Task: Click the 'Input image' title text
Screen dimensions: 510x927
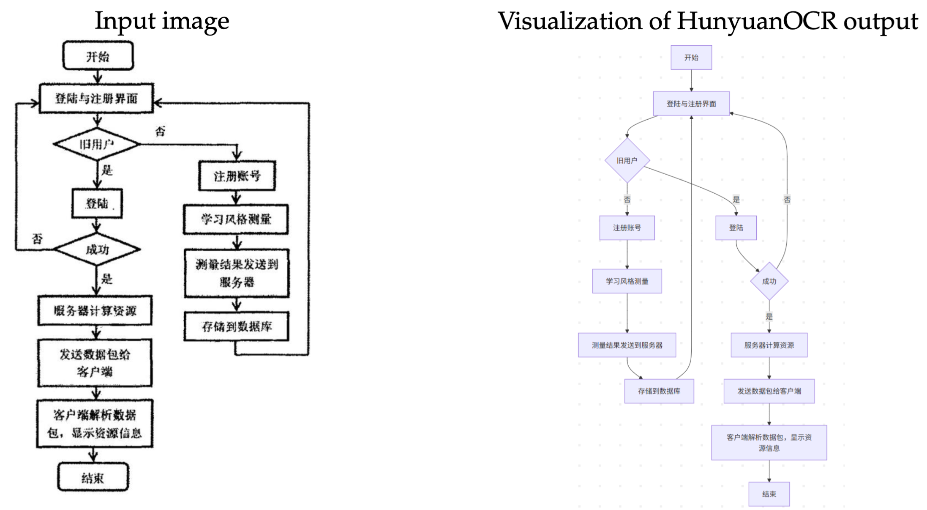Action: pyautogui.click(x=162, y=21)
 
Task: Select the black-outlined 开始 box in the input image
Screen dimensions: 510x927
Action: pyautogui.click(x=98, y=56)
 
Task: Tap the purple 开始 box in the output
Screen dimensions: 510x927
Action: pyautogui.click(x=691, y=58)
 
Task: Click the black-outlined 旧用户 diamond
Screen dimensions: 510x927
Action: pyautogui.click(x=97, y=144)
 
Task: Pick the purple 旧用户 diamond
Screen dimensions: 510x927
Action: pyautogui.click(x=627, y=161)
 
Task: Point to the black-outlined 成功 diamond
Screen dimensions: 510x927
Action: pyautogui.click(x=97, y=250)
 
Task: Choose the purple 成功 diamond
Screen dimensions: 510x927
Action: pyautogui.click(x=769, y=281)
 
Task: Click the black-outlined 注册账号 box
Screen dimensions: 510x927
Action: pyautogui.click(x=237, y=176)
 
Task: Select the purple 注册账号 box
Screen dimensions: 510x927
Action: pyautogui.click(x=627, y=228)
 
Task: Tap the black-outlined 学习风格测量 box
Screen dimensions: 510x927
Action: pyautogui.click(x=236, y=219)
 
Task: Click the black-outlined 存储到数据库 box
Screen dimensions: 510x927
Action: pyautogui.click(x=237, y=326)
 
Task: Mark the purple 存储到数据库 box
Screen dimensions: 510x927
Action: pyautogui.click(x=659, y=391)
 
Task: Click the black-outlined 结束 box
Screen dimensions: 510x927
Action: pyautogui.click(x=93, y=477)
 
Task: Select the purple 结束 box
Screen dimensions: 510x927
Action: pyautogui.click(x=769, y=494)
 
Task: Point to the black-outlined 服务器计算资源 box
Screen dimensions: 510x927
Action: pyautogui.click(x=95, y=311)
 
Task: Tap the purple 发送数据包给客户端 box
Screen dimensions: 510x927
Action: pyautogui.click(x=769, y=391)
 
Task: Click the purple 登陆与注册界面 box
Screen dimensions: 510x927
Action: pyautogui.click(x=691, y=104)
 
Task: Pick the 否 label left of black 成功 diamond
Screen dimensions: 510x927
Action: pyautogui.click(x=37, y=239)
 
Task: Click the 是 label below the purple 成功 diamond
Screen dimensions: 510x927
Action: pyautogui.click(x=769, y=316)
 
